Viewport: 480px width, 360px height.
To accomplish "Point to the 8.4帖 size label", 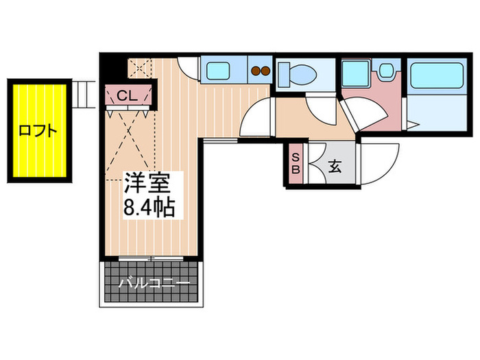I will (148, 206).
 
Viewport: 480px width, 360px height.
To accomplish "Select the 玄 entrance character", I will (336, 166).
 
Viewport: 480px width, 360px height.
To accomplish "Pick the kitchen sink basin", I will (219, 70).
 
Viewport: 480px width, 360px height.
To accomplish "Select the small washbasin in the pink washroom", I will (387, 71).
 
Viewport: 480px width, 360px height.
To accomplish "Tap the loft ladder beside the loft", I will (84, 95).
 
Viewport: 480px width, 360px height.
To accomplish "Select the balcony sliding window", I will (150, 258).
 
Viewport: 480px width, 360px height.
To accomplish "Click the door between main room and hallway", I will (258, 118).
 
